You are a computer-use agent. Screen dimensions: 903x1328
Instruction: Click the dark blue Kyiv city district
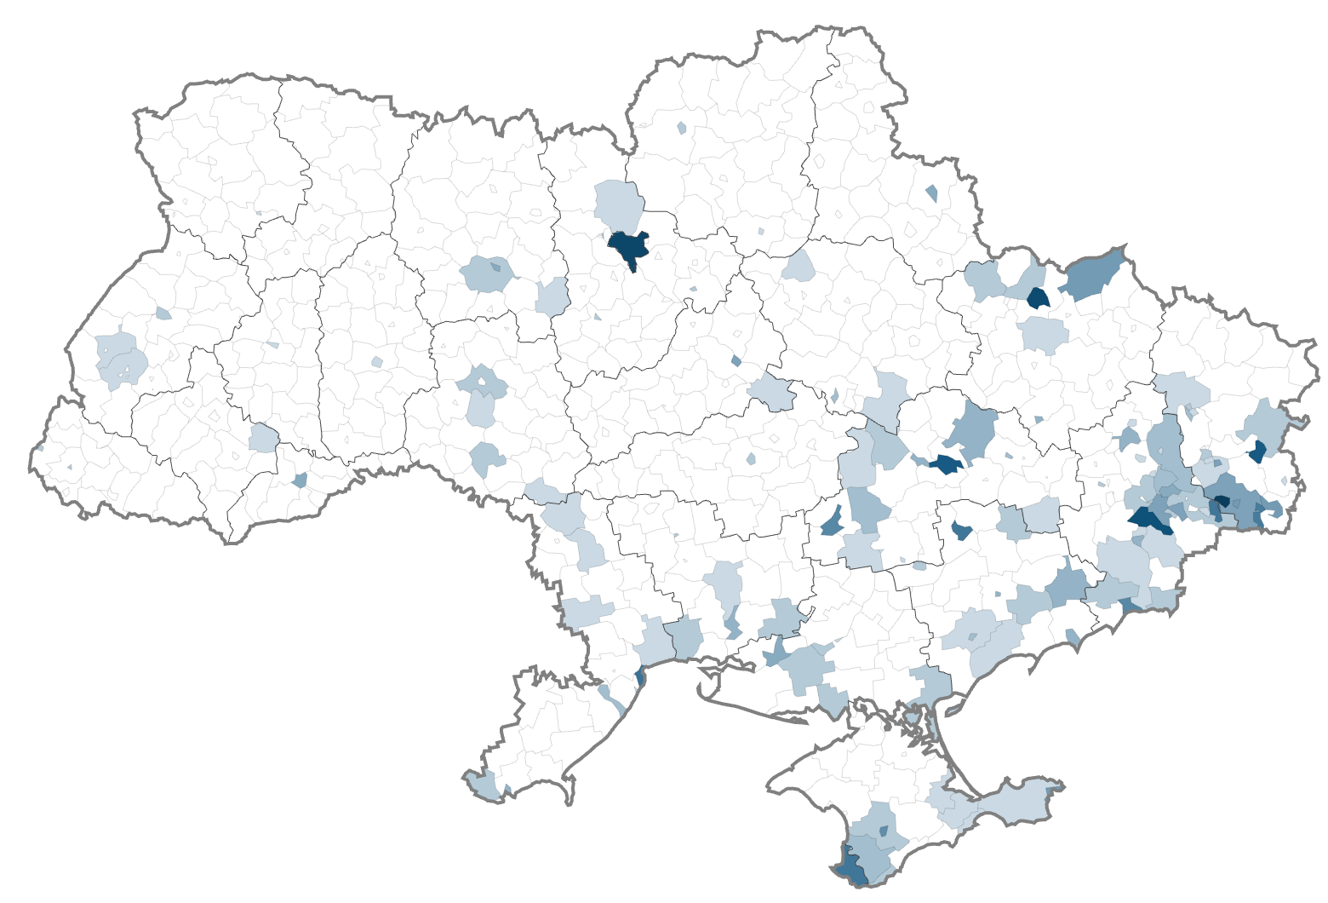click(x=628, y=247)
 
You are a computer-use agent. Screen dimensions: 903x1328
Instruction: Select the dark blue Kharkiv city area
click(x=1038, y=298)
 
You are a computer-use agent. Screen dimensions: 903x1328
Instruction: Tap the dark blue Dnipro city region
click(x=945, y=464)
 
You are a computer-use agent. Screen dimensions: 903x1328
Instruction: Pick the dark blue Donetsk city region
click(x=1149, y=520)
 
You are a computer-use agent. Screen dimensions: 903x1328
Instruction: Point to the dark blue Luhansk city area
click(x=1256, y=451)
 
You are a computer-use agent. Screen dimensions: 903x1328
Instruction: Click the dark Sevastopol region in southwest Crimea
click(x=850, y=869)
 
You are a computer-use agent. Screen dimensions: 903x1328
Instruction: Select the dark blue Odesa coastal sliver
click(x=640, y=677)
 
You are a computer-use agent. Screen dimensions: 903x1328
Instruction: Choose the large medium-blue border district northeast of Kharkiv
click(x=1094, y=273)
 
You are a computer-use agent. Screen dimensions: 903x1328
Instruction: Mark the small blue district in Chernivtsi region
click(x=300, y=480)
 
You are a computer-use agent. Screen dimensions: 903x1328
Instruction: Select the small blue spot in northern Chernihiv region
click(x=681, y=128)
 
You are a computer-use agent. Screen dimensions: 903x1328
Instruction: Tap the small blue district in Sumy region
click(x=931, y=193)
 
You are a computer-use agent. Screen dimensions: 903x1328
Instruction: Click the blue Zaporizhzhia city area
click(x=961, y=530)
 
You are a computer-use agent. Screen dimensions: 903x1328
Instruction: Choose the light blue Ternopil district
click(x=263, y=439)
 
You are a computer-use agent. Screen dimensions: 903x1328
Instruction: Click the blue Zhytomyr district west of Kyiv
click(x=487, y=274)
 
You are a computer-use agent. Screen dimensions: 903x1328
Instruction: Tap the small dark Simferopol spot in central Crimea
click(x=883, y=831)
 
